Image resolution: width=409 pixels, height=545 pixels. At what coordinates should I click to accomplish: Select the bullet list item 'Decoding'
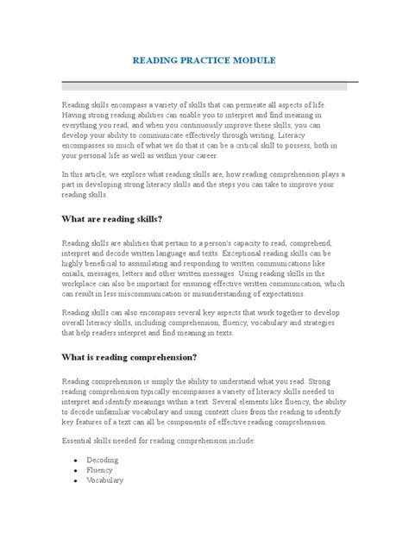tap(102, 460)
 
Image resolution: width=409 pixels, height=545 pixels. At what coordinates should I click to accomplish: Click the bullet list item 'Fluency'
tap(99, 470)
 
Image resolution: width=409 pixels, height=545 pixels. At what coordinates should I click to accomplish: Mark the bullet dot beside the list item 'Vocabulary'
tap(76, 480)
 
